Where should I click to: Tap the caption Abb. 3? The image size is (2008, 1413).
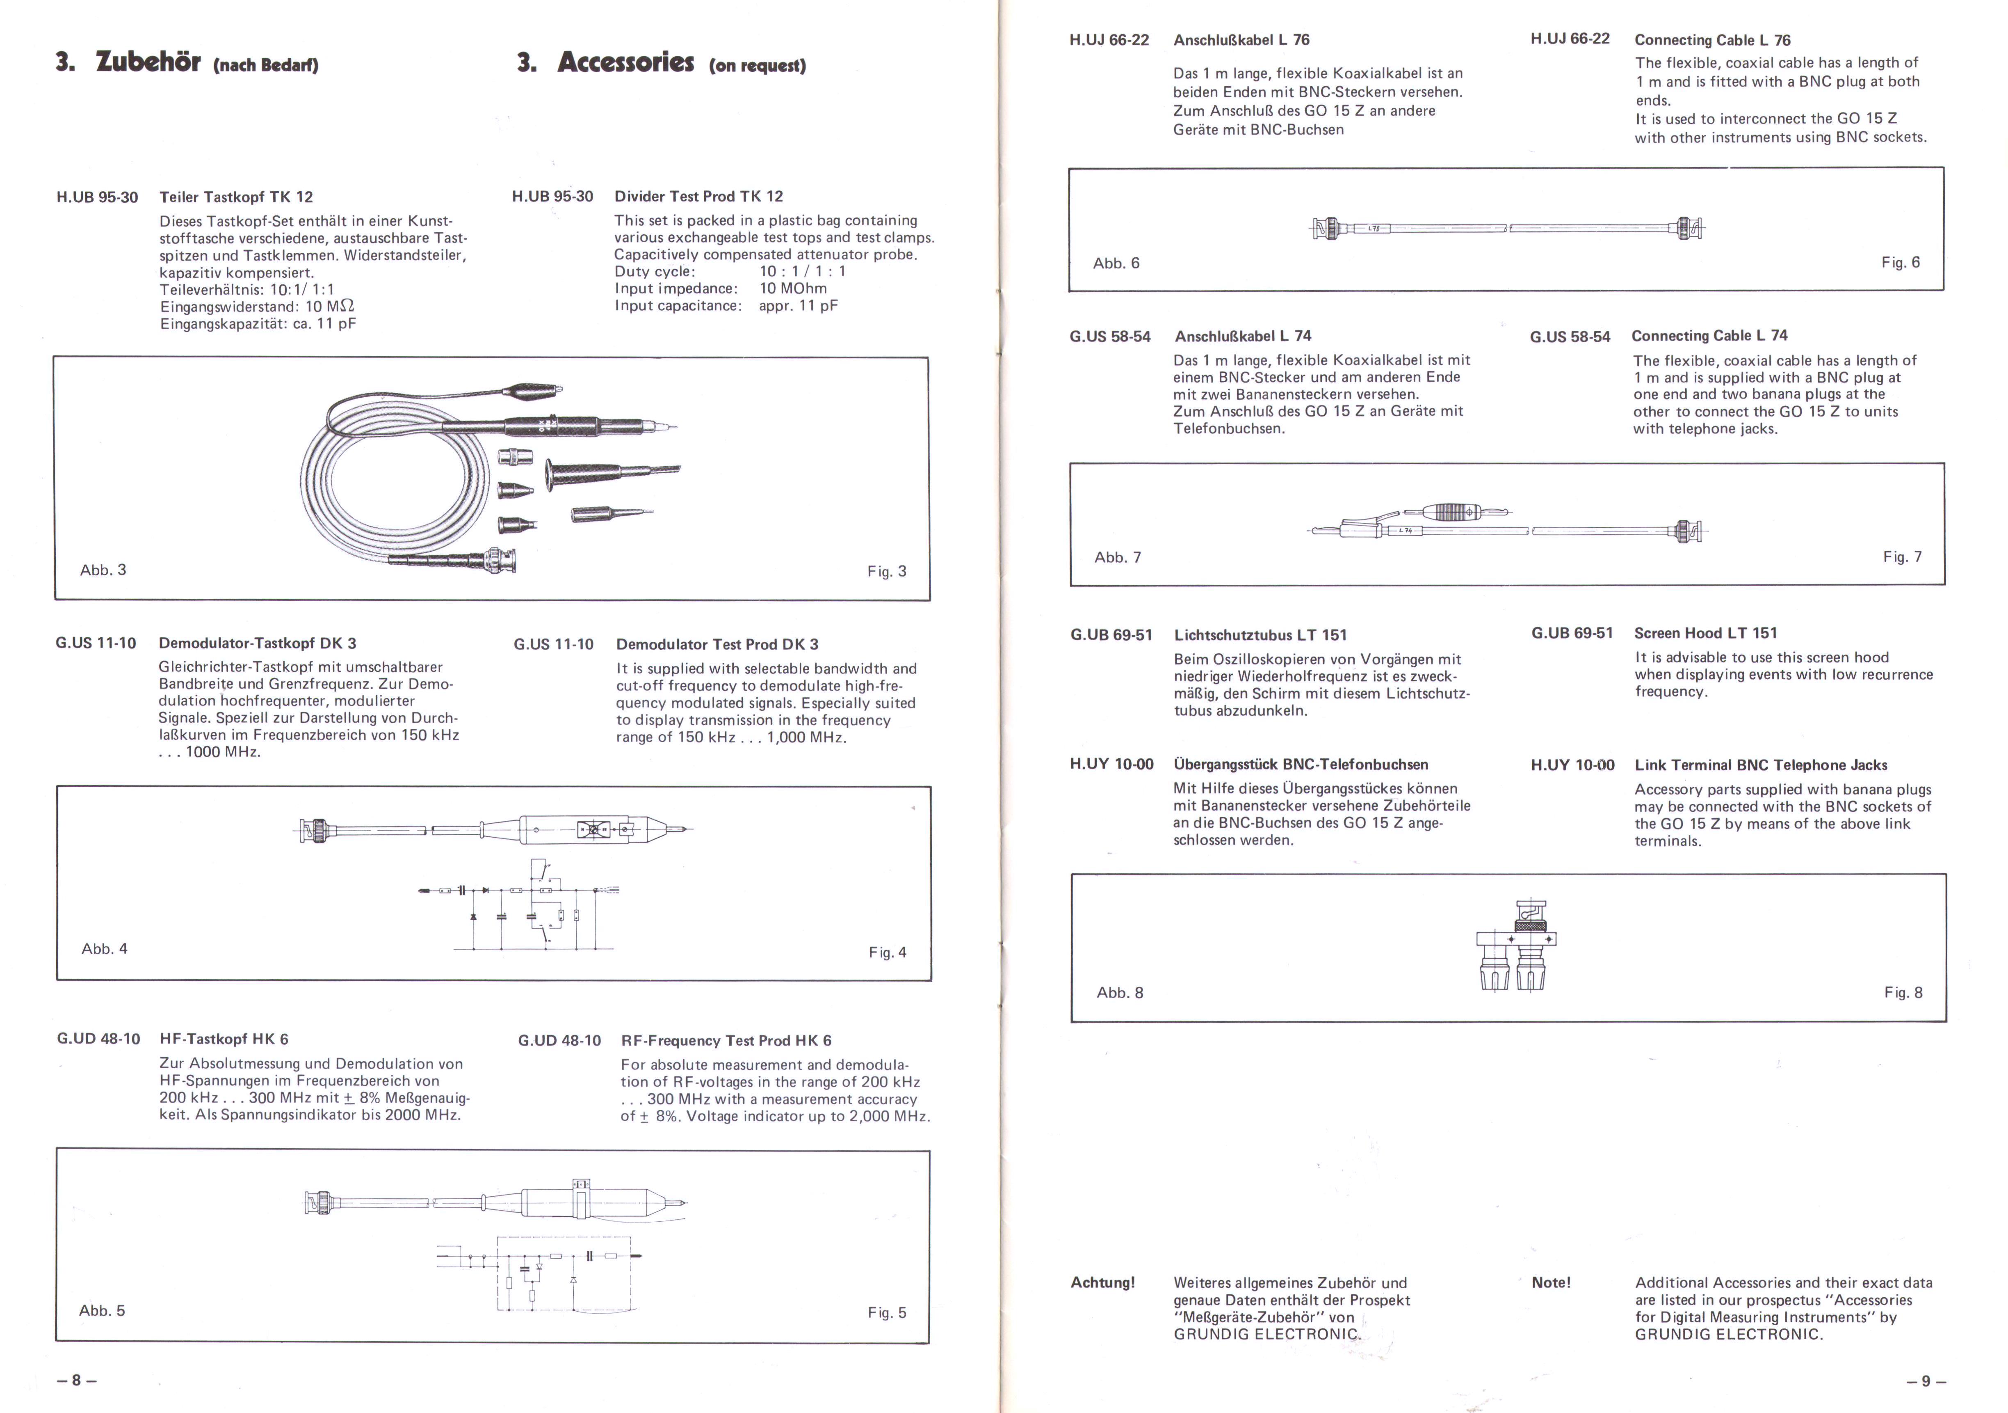(103, 570)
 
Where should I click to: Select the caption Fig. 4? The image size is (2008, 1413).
(888, 952)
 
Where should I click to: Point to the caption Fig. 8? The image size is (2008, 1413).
(1903, 992)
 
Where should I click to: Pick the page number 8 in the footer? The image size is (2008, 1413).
(76, 1380)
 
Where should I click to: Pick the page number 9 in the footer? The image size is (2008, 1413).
(1926, 1381)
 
